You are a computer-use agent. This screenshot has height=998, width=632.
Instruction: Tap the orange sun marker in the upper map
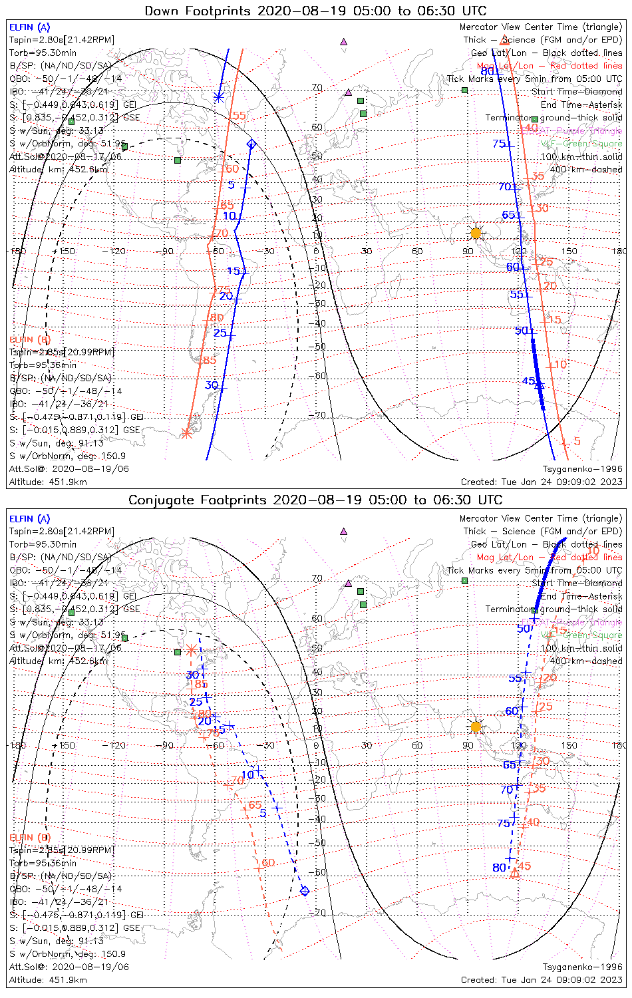(x=475, y=232)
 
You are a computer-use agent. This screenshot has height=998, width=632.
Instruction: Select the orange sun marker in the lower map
(x=475, y=726)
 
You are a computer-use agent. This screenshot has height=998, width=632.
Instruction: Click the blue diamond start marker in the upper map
(x=251, y=144)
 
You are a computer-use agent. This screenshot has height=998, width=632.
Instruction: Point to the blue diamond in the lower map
(x=305, y=891)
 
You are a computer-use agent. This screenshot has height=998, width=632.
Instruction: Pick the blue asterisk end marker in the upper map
(x=219, y=98)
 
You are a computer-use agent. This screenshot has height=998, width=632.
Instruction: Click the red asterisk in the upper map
(x=186, y=434)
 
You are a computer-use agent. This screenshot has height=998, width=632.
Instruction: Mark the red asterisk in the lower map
(x=191, y=649)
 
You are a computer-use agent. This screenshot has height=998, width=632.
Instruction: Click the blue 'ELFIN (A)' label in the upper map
(x=29, y=27)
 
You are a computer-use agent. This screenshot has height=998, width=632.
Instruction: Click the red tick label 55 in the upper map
(x=239, y=116)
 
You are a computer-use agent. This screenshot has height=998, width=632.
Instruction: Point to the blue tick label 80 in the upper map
(x=487, y=72)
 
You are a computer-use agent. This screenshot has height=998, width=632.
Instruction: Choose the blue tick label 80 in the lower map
(x=499, y=868)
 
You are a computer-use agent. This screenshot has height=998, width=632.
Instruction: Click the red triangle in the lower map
(x=514, y=873)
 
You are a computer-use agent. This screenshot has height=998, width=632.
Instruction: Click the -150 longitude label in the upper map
(x=67, y=251)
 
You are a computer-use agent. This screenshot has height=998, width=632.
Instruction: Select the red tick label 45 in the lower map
(x=524, y=866)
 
